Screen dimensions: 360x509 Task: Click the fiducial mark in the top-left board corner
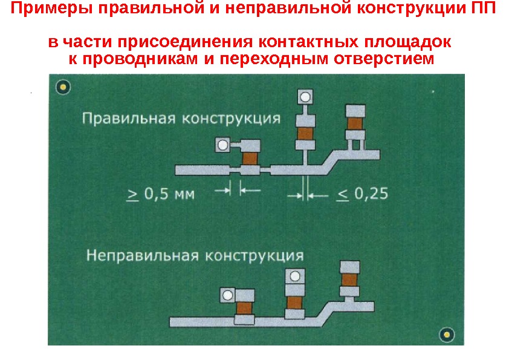[63, 88]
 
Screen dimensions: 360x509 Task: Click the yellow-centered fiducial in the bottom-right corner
[446, 333]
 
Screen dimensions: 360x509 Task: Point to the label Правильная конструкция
[181, 117]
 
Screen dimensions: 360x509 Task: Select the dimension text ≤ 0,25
[361, 194]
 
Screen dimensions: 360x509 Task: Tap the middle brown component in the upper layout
[305, 133]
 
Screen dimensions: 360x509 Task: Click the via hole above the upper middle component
[306, 97]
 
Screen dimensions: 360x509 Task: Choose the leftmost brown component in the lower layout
[244, 307]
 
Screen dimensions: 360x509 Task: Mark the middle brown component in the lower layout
[294, 301]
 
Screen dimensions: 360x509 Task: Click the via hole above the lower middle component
[294, 277]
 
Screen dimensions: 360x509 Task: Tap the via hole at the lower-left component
[227, 295]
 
